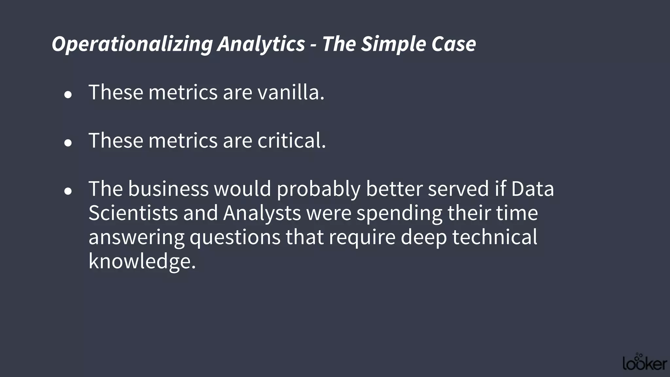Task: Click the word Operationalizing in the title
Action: click(x=132, y=44)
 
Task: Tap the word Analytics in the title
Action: click(x=261, y=44)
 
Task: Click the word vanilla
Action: click(x=291, y=92)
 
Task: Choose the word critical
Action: click(x=291, y=141)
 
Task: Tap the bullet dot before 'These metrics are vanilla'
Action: click(x=68, y=95)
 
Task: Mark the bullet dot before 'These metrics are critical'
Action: click(x=68, y=143)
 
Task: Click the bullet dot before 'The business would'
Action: click(x=68, y=191)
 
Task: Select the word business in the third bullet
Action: click(x=168, y=189)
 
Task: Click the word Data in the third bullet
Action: click(x=533, y=189)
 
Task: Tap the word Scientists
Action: click(x=133, y=213)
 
